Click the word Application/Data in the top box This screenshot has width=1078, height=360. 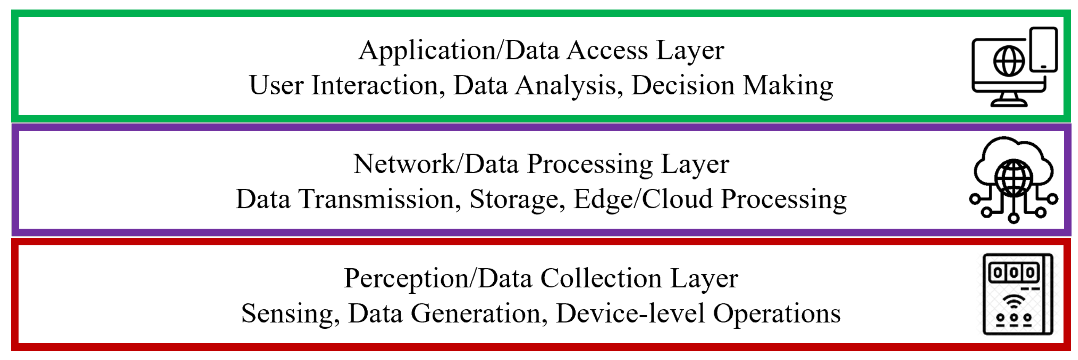click(459, 51)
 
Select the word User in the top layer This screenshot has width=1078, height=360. click(276, 85)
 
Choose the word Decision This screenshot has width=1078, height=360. click(683, 85)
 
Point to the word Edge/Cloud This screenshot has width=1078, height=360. click(642, 200)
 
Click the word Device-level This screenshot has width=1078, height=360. click(630, 314)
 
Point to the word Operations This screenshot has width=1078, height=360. click(777, 314)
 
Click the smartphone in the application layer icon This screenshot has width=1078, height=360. click(1043, 50)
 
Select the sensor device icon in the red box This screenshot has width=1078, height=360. click(1018, 294)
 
